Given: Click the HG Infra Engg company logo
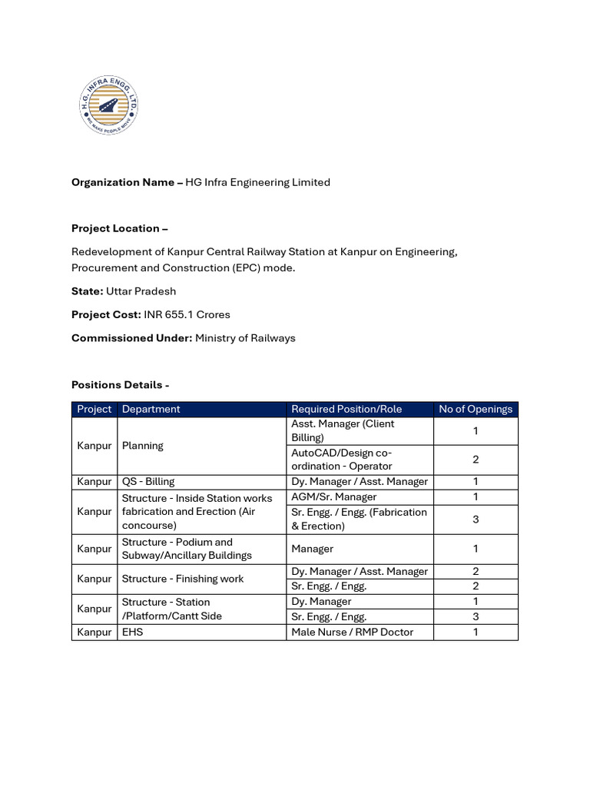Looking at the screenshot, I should pyautogui.click(x=110, y=106).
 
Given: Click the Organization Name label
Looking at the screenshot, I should pyautogui.click(x=127, y=182).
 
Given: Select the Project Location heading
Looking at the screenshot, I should pyautogui.click(x=119, y=228).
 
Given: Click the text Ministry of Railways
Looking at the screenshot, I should pyautogui.click(x=245, y=337).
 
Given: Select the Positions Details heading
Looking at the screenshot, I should pyautogui.click(x=120, y=384).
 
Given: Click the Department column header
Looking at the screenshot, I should pyautogui.click(x=151, y=409).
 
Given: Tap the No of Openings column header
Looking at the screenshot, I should pyautogui.click(x=476, y=409).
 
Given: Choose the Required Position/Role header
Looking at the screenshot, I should pyautogui.click(x=346, y=409).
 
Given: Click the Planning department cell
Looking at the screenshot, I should pyautogui.click(x=143, y=445).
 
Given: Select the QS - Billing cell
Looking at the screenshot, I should pyautogui.click(x=148, y=481).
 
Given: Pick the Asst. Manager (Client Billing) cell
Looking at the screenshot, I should pyautogui.click(x=343, y=430).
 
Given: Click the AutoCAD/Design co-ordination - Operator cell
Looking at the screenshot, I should pyautogui.click(x=342, y=459).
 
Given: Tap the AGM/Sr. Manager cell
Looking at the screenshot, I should pyautogui.click(x=334, y=496).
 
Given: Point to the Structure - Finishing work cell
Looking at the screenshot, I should pyautogui.click(x=182, y=579).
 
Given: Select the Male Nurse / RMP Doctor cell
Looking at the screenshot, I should pyautogui.click(x=352, y=632).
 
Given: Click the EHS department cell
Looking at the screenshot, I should pyautogui.click(x=133, y=632).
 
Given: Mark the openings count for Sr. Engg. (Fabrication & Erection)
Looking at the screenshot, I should pyautogui.click(x=476, y=519).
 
